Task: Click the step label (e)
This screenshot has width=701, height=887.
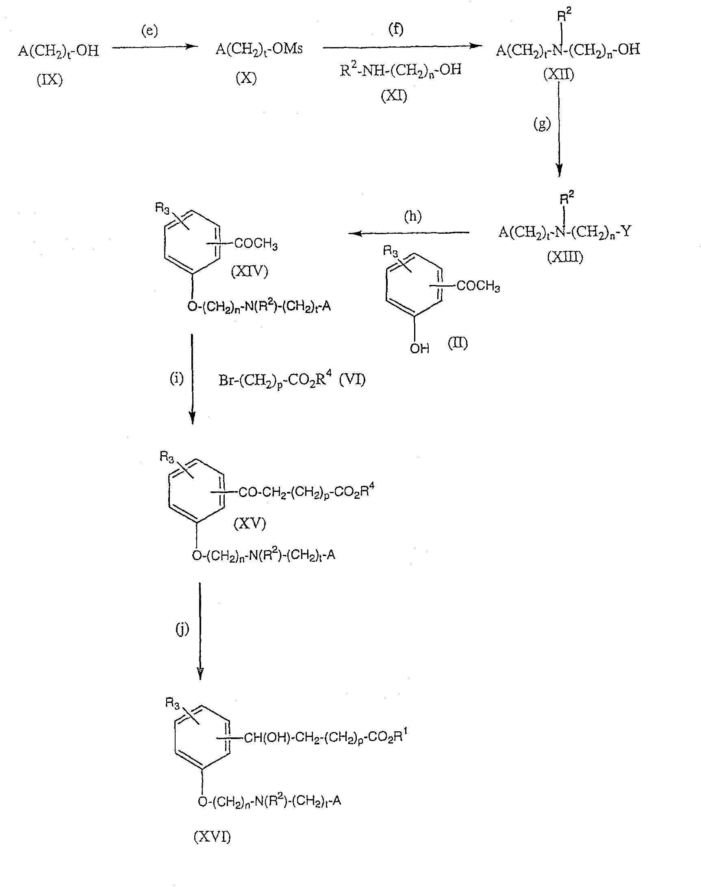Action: (150, 31)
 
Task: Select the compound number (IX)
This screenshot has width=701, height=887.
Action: (50, 79)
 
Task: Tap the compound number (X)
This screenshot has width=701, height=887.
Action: (246, 78)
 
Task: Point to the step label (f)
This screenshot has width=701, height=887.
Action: (396, 30)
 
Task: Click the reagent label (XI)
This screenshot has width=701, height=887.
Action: (394, 96)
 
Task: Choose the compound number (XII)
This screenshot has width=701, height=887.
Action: (559, 74)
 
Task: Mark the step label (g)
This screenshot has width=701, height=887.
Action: (542, 124)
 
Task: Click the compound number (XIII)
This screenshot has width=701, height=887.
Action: (565, 257)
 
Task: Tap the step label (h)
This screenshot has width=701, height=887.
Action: (412, 216)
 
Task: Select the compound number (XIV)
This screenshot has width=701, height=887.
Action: (250, 271)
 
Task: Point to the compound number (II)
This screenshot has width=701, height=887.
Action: (458, 343)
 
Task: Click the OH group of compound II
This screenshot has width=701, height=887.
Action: (419, 348)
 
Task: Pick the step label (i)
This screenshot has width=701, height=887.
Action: (177, 378)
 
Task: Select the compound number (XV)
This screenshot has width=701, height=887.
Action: (250, 523)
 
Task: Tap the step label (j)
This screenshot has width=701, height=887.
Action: (182, 628)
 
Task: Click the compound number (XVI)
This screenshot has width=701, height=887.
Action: (212, 836)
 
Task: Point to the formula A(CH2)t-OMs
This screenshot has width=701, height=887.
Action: (259, 50)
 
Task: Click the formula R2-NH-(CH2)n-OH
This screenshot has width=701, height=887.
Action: (401, 69)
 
